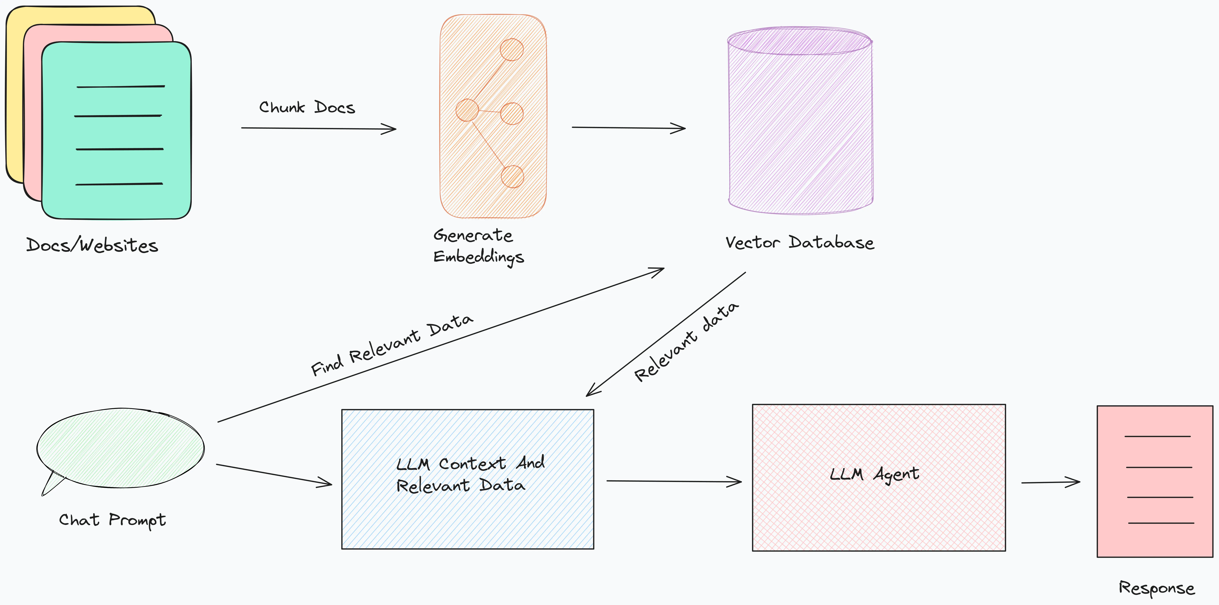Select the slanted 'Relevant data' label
click(686, 342)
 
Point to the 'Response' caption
click(1156, 588)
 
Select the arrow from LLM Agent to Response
click(1051, 482)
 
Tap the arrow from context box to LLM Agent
click(673, 481)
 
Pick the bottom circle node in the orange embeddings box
click(512, 176)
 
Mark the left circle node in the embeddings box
click(467, 110)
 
